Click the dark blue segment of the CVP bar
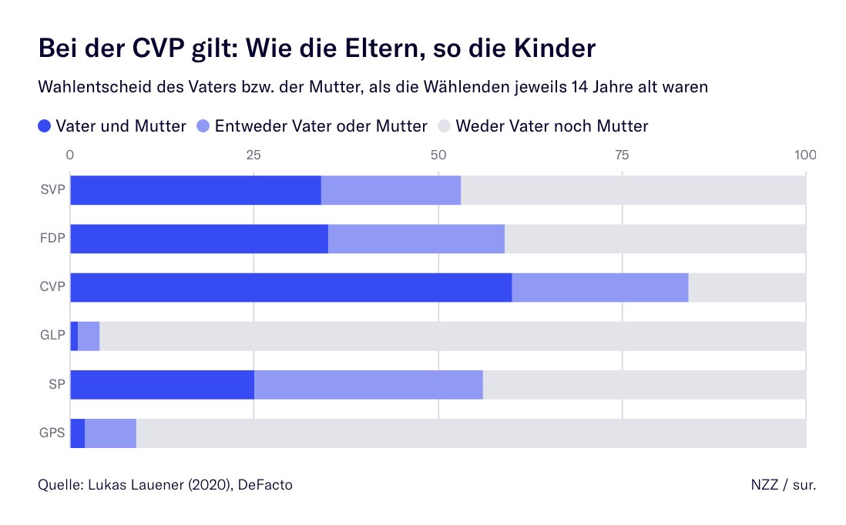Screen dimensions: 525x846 tap(290, 287)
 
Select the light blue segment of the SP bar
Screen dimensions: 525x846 tap(368, 384)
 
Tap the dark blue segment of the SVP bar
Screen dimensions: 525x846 tap(195, 190)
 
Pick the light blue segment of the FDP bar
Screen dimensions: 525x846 tap(416, 239)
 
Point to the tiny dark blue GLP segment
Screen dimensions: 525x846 tap(74, 336)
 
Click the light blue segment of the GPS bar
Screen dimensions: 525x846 tap(110, 433)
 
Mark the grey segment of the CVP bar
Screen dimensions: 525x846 tap(747, 287)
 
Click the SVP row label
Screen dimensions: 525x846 tap(53, 190)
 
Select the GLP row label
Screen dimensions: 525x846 tap(53, 336)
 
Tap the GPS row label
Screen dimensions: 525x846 tap(52, 433)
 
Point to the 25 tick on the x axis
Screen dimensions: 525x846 tap(253, 155)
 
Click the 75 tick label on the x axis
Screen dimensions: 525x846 tap(622, 155)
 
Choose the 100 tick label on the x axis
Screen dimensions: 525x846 tap(805, 155)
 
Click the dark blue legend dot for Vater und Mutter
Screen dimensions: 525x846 tap(45, 125)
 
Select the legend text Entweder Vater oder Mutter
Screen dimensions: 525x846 tap(321, 125)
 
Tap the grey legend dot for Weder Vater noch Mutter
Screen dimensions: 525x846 tap(444, 125)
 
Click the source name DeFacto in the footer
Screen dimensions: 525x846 tap(265, 484)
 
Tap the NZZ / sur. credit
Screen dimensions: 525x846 tap(783, 484)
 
